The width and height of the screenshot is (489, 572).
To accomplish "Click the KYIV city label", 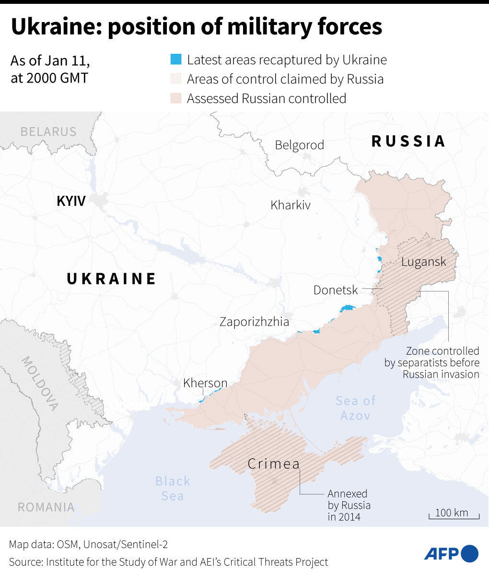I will click(71, 201).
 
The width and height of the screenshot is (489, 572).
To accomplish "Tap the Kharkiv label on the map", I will click(291, 205).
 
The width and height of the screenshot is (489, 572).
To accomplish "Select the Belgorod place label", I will click(299, 145).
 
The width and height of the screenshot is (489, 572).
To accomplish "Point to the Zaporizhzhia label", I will click(254, 322).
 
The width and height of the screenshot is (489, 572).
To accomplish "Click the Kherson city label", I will click(205, 383).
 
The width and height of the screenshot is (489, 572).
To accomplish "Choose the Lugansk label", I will click(423, 262).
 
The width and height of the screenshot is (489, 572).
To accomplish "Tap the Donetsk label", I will click(336, 290).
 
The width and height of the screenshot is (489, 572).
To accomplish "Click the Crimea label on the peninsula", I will click(274, 464).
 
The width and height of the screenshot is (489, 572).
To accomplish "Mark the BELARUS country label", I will click(48, 131).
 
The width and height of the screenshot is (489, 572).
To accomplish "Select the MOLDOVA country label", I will click(39, 384).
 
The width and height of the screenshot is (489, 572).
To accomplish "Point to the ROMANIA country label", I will click(46, 507).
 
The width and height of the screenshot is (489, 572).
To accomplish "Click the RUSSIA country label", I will click(408, 141).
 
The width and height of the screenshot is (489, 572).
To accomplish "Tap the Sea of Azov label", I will click(355, 408).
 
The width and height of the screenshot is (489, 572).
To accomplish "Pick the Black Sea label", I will click(173, 488).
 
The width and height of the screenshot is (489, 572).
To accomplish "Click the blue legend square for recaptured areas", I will click(176, 60).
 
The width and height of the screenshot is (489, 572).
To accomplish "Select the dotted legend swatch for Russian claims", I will click(176, 79).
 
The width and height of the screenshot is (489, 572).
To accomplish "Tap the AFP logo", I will click(451, 553).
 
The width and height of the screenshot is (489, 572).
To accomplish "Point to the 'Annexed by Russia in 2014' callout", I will click(349, 505).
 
